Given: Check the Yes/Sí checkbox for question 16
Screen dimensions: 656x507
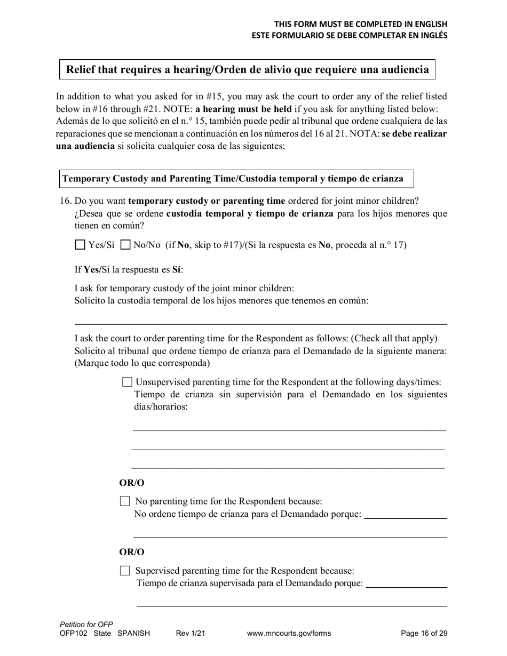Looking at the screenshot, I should [x=80, y=245].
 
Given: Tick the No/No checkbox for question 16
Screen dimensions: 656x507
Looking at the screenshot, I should [x=126, y=245].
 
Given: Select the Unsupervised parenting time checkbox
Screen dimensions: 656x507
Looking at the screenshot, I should [x=127, y=382].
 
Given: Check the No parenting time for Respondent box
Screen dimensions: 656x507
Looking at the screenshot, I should [x=125, y=501].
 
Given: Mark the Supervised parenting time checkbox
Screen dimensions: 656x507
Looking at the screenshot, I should [x=125, y=571].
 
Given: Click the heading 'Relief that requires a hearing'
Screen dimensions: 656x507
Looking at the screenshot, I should [x=247, y=69].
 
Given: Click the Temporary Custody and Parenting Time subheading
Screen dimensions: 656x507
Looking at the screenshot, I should [x=233, y=179].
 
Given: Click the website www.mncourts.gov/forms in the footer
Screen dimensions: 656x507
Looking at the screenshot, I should [x=289, y=634].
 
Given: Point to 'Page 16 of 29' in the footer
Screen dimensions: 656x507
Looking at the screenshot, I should [x=424, y=634].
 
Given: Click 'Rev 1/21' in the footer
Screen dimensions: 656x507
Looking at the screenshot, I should [x=191, y=634].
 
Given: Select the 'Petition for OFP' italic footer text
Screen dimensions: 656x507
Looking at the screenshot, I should [x=86, y=624].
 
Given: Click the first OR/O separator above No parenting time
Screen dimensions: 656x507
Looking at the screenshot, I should [x=132, y=483].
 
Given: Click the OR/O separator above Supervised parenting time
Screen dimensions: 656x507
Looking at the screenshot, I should [x=132, y=552].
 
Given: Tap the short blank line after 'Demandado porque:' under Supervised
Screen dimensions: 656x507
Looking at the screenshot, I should [x=407, y=586].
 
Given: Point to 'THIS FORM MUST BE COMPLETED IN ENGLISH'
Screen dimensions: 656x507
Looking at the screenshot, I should [x=361, y=24].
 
